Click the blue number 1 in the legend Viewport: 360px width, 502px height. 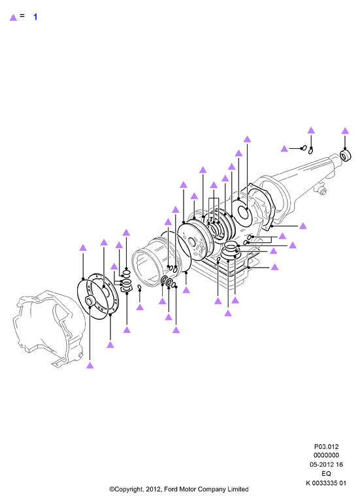pyautogui.click(x=35, y=17)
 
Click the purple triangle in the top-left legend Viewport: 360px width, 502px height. pyautogui.click(x=13, y=18)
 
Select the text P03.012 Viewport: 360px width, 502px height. pyautogui.click(x=326, y=447)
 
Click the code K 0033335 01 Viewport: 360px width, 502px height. pyautogui.click(x=326, y=483)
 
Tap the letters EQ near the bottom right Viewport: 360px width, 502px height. pyautogui.click(x=326, y=474)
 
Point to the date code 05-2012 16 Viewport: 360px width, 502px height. pyautogui.click(x=326, y=465)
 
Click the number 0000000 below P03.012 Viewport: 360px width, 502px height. pyautogui.click(x=326, y=456)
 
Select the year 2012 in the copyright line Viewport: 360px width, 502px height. pyautogui.click(x=153, y=489)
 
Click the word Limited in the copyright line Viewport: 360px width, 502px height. pyautogui.click(x=238, y=489)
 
